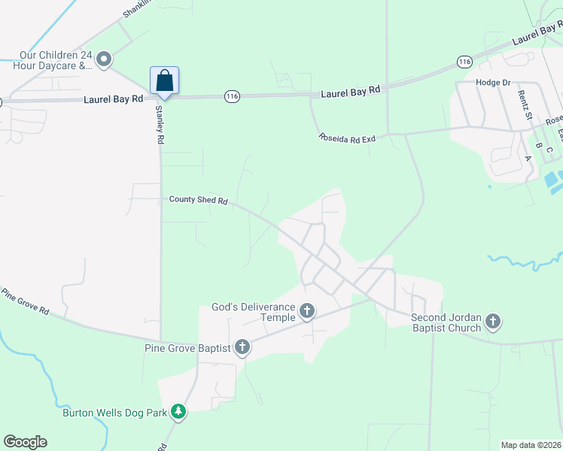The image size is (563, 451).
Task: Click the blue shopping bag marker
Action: [x=165, y=81]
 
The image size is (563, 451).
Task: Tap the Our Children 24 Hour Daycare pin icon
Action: [x=105, y=58]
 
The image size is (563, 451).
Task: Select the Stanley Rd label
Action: [x=160, y=125]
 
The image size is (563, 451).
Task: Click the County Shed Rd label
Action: [x=198, y=200]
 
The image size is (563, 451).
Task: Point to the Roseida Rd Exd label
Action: [x=346, y=138]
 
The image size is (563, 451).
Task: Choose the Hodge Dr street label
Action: [x=493, y=82]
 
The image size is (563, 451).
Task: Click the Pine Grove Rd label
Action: [x=25, y=301]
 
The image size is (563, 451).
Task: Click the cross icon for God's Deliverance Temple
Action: [x=306, y=310]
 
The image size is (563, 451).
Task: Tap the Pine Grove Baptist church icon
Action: [x=242, y=347]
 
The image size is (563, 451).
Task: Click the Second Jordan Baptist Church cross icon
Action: [x=492, y=322]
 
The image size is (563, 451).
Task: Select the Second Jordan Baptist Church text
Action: [x=446, y=322]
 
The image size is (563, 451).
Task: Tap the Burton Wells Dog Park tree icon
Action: [x=178, y=411]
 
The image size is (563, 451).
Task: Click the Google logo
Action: [x=25, y=442]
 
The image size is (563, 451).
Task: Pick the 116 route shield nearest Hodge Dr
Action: [x=464, y=60]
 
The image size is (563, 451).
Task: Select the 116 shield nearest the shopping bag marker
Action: [x=232, y=96]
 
